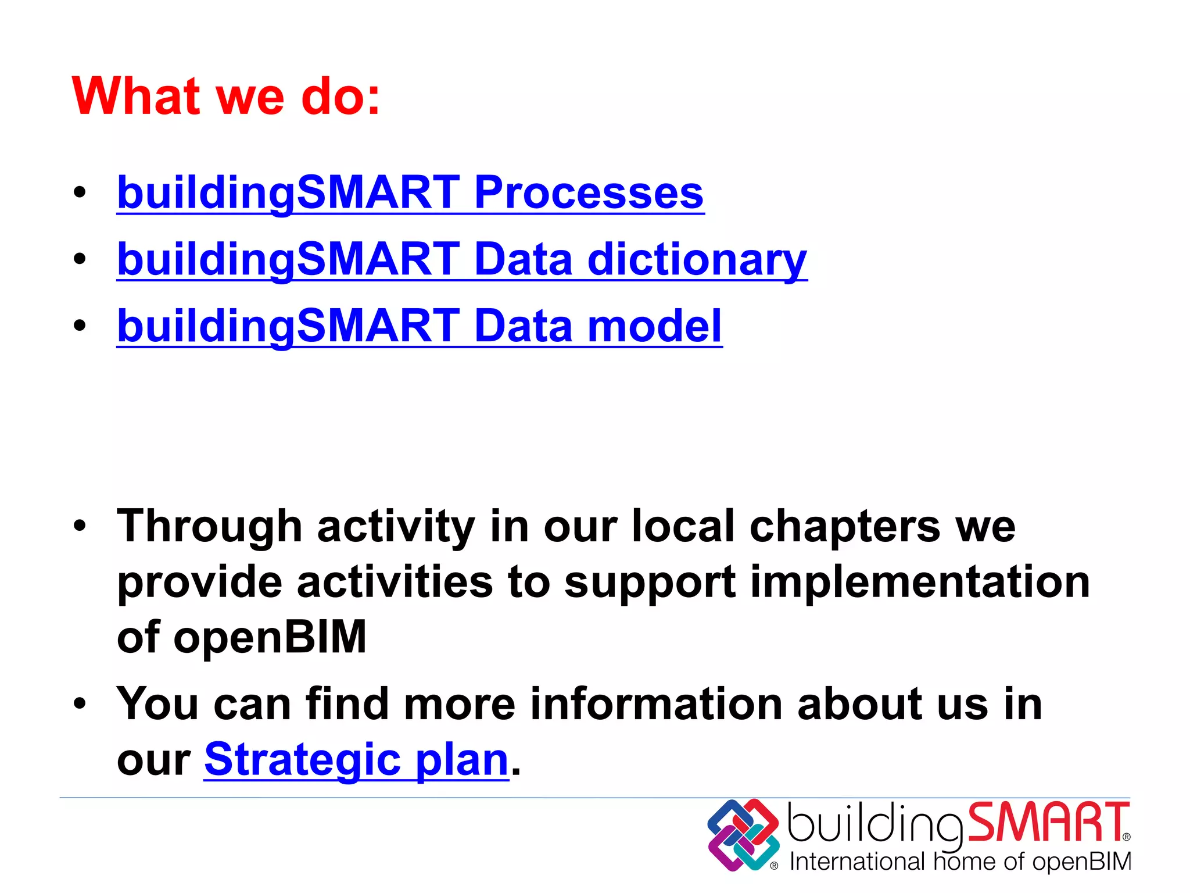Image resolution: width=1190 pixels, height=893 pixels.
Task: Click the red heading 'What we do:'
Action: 225,97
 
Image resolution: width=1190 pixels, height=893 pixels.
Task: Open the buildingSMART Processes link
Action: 410,193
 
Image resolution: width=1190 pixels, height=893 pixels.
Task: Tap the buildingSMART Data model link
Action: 419,326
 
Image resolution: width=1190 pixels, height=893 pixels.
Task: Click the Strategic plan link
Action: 356,759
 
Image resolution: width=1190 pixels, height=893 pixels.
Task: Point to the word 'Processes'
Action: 589,193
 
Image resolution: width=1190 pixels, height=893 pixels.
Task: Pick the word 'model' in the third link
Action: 655,326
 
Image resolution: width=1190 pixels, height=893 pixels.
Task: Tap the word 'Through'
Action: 209,527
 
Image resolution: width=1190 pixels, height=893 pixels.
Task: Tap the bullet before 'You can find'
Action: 80,704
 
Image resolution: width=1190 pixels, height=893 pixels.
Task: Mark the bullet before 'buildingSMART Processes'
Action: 80,193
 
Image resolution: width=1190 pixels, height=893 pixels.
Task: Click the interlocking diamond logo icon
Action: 743,834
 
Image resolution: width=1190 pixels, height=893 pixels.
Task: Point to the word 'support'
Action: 650,583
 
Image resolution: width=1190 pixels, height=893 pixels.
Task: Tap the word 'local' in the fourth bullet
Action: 683,527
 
